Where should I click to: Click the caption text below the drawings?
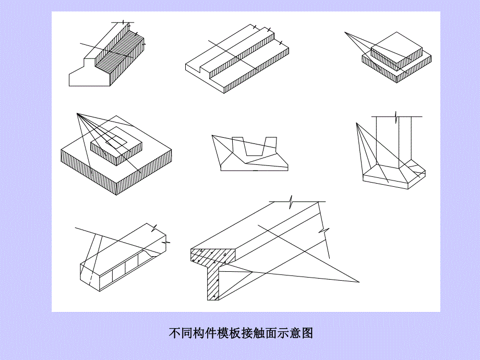pos(241,333)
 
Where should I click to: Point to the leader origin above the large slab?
pos(77,114)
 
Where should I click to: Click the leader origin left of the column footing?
pos(356,123)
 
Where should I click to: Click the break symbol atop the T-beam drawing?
pos(292,201)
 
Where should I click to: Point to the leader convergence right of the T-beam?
pos(359,282)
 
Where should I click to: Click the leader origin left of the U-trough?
pos(212,136)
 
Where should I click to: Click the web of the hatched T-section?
pos(213,282)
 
